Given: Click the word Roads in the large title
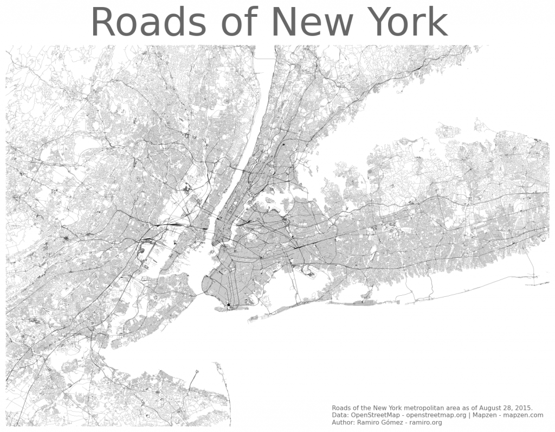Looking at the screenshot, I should coord(149,23).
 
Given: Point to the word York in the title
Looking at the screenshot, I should coord(409,23).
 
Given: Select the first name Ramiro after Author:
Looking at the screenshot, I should coord(372,423).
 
